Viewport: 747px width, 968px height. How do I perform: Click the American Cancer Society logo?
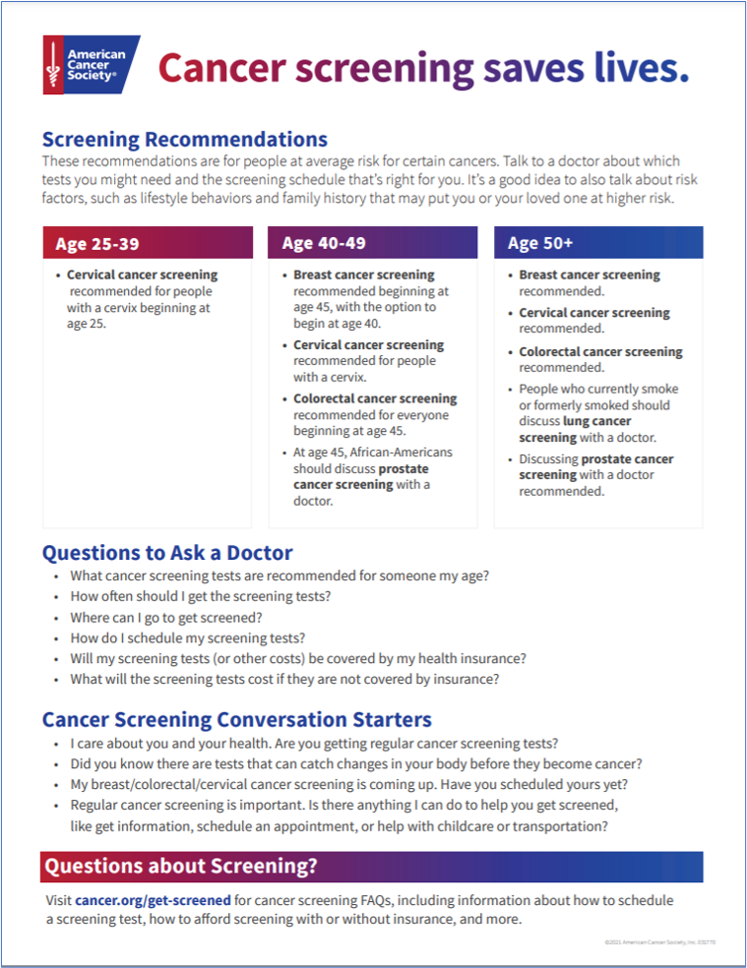[91, 65]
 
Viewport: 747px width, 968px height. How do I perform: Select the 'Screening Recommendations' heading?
[185, 139]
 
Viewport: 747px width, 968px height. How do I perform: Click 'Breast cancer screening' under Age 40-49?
[363, 275]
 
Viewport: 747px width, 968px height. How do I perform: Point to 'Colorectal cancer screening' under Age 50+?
[600, 351]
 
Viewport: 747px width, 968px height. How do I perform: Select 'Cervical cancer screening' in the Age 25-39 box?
[142, 275]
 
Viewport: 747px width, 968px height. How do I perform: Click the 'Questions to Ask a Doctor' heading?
[167, 553]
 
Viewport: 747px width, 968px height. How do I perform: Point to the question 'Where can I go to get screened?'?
[166, 618]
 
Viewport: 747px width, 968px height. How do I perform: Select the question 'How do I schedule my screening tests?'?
[187, 637]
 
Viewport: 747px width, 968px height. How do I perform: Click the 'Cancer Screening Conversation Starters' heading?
[236, 719]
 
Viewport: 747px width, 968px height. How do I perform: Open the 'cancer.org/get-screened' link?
[153, 900]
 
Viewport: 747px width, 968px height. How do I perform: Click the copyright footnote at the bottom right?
[654, 942]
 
